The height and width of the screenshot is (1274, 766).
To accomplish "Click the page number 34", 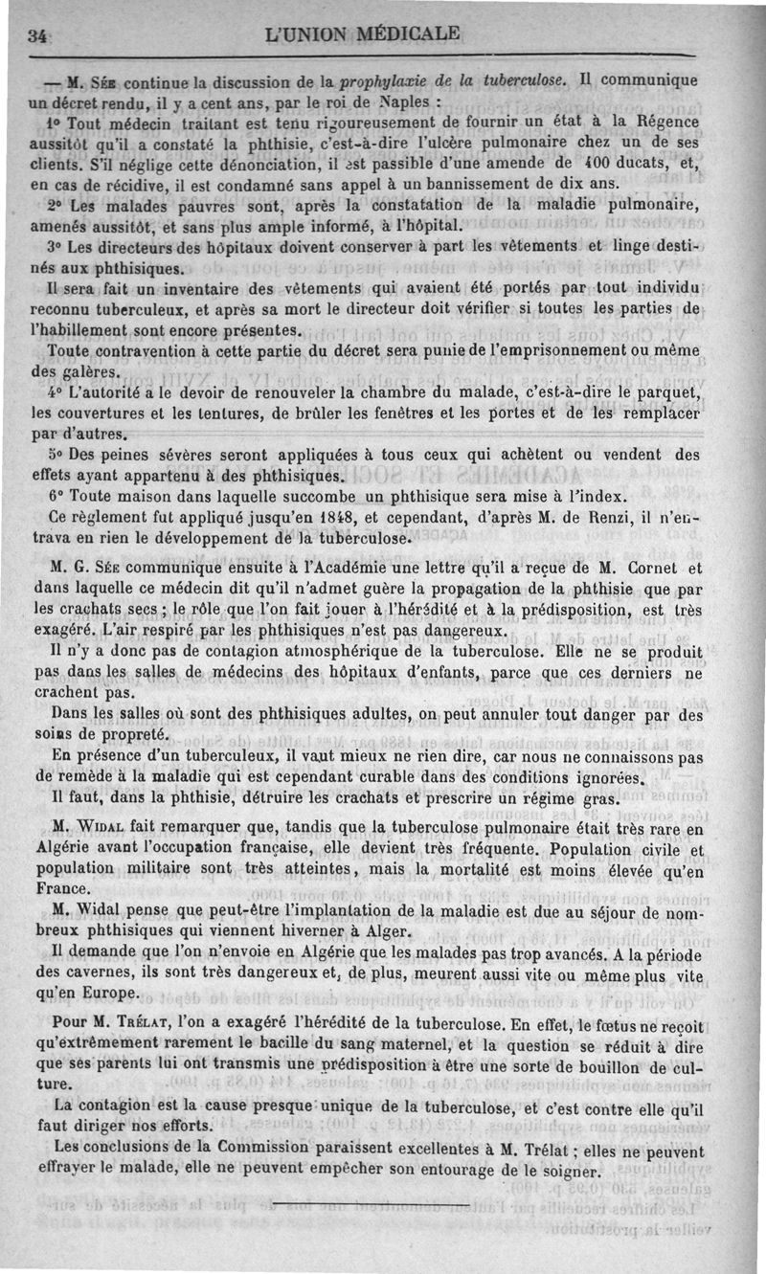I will click(37, 35).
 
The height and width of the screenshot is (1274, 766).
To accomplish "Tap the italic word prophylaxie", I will click(382, 78).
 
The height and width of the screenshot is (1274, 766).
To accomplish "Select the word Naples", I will click(407, 99).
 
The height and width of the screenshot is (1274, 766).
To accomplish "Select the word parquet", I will click(670, 393).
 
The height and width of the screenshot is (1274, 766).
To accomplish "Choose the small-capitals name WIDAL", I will click(102, 828).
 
